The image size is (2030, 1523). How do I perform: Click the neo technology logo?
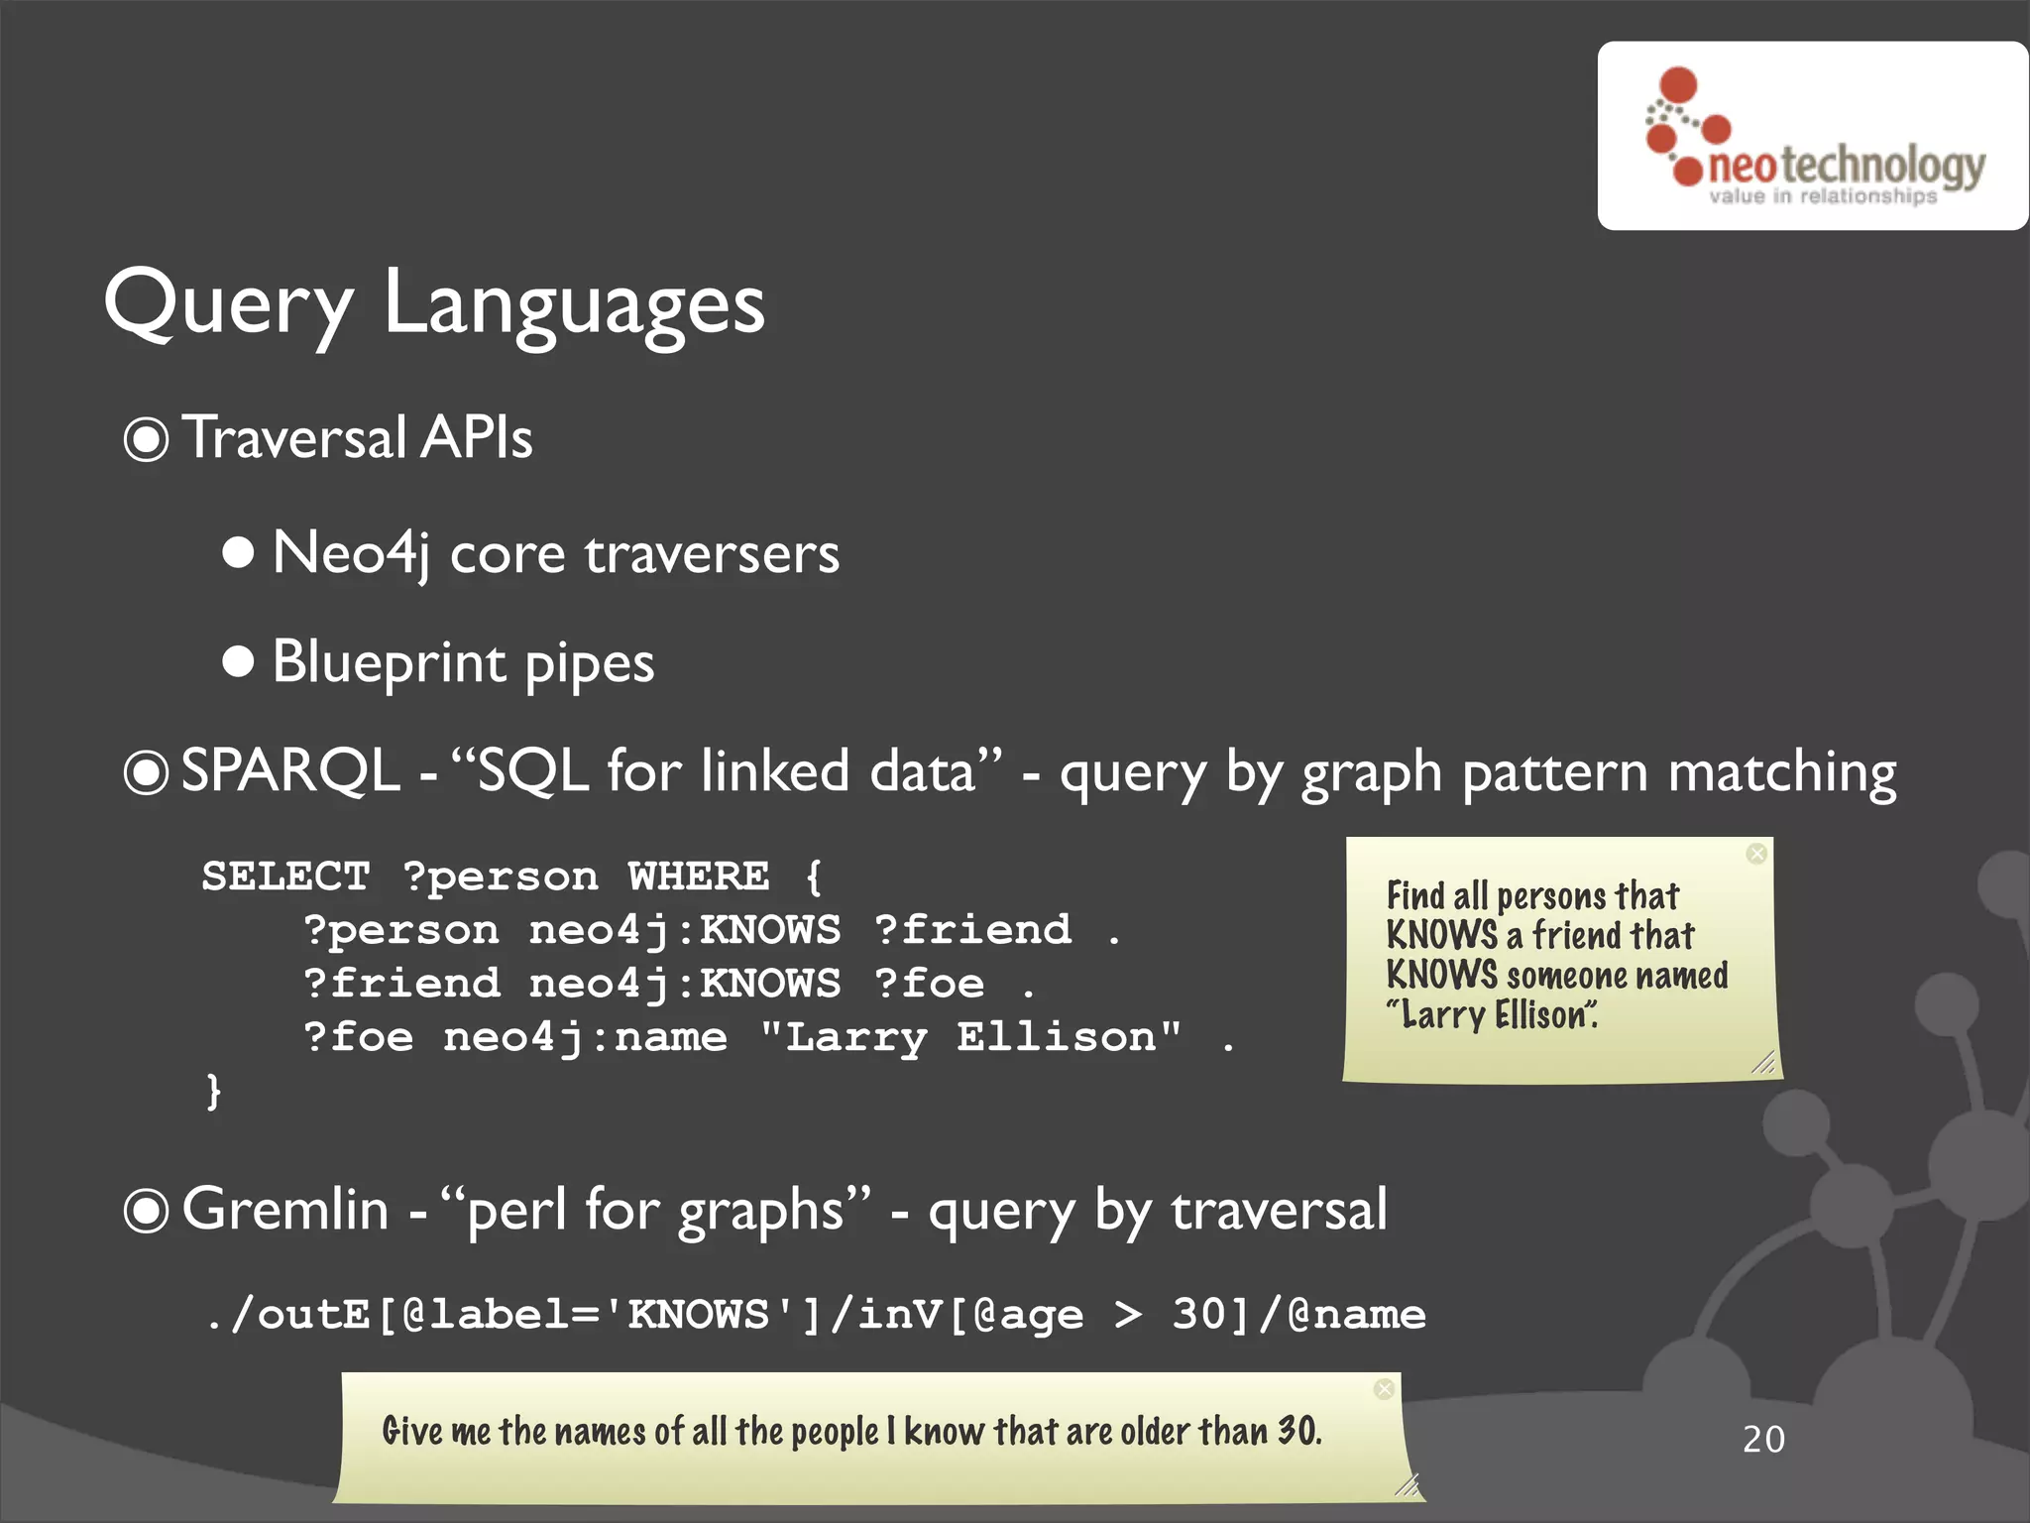click(x=1812, y=136)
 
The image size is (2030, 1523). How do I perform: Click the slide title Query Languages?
click(x=434, y=303)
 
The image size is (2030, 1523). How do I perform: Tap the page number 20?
click(x=1763, y=1439)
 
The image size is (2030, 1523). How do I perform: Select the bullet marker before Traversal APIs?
click(x=147, y=439)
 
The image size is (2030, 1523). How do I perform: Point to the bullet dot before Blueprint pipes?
click(x=238, y=661)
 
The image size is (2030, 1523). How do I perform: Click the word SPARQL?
click(x=289, y=771)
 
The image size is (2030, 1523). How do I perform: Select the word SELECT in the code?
click(x=285, y=877)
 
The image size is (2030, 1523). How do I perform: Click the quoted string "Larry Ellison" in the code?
click(x=970, y=1037)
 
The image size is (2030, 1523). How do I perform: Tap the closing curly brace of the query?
click(x=213, y=1091)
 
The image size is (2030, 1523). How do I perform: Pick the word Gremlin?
click(x=285, y=1210)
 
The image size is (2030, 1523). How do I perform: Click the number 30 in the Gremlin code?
click(x=1198, y=1315)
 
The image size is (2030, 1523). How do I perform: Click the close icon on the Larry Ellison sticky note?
click(x=1756, y=854)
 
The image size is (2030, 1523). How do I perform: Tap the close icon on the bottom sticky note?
click(x=1385, y=1389)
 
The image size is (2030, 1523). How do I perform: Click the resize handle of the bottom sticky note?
click(x=1408, y=1484)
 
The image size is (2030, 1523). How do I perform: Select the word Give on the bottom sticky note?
click(x=411, y=1431)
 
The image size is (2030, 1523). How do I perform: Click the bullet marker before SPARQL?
click(x=147, y=772)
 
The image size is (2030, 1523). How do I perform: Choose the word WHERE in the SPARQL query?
click(x=699, y=877)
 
